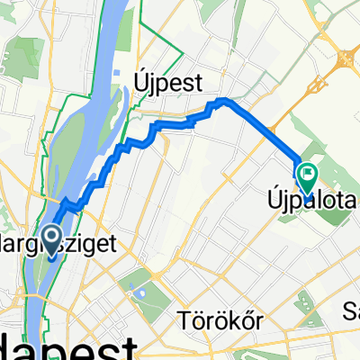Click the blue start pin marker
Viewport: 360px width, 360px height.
(x=50, y=240)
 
